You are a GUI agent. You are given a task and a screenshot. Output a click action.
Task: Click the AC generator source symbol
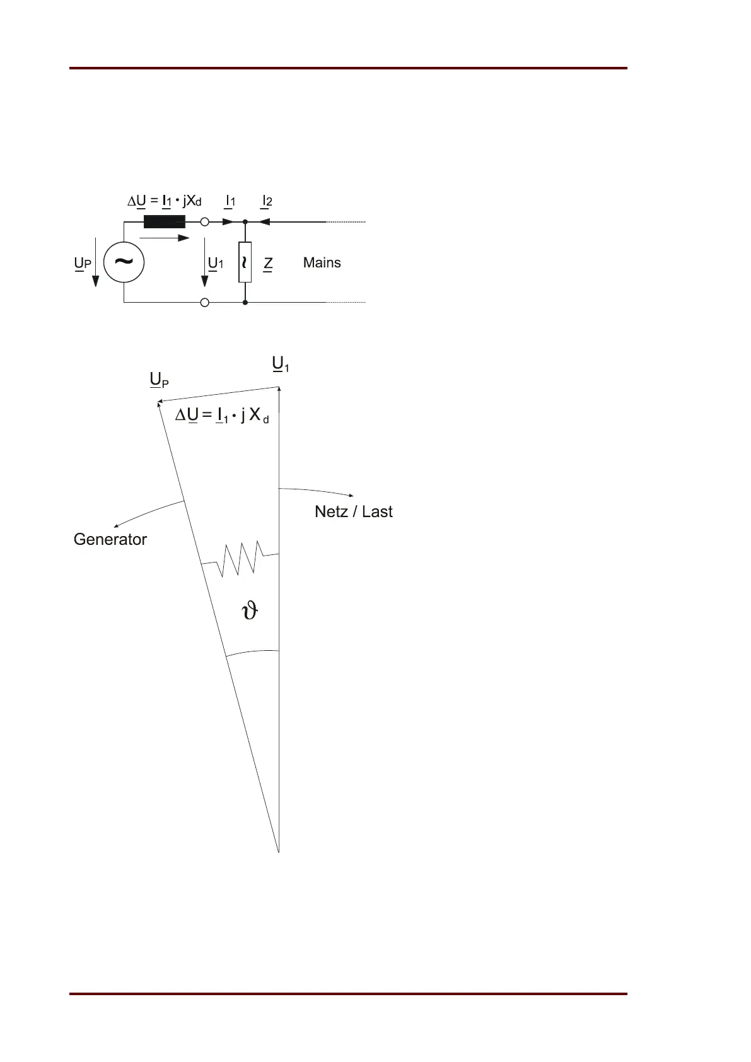pyautogui.click(x=124, y=262)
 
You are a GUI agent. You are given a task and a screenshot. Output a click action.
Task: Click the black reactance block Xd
pyautogui.click(x=164, y=222)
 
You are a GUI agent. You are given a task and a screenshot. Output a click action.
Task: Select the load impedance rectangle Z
pyautogui.click(x=245, y=262)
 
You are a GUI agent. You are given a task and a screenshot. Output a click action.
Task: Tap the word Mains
pyautogui.click(x=322, y=263)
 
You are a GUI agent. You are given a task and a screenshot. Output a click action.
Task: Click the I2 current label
pyautogui.click(x=267, y=202)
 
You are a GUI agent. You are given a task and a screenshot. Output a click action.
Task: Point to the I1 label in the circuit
pyautogui.click(x=230, y=202)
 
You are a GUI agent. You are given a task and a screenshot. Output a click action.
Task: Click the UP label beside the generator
pyautogui.click(x=83, y=264)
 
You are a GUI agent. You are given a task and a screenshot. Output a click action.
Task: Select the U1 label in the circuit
pyautogui.click(x=216, y=264)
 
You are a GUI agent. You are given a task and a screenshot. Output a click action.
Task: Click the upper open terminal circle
pyautogui.click(x=204, y=222)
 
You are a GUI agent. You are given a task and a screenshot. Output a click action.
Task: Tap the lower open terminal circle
pyautogui.click(x=204, y=303)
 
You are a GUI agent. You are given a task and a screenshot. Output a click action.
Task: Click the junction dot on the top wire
pyautogui.click(x=245, y=222)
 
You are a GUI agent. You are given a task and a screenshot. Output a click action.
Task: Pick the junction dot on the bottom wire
pyautogui.click(x=245, y=303)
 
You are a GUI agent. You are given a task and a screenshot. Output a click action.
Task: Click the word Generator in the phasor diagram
pyautogui.click(x=110, y=540)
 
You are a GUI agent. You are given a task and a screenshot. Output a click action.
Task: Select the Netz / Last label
pyautogui.click(x=353, y=511)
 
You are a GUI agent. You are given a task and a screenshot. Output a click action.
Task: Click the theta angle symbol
pyautogui.click(x=250, y=611)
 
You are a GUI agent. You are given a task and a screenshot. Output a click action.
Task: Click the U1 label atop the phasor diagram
pyautogui.click(x=280, y=365)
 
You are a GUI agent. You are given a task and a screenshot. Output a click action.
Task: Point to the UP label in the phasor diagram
pyautogui.click(x=159, y=380)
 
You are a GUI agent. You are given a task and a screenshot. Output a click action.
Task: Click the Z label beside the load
pyautogui.click(x=268, y=264)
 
